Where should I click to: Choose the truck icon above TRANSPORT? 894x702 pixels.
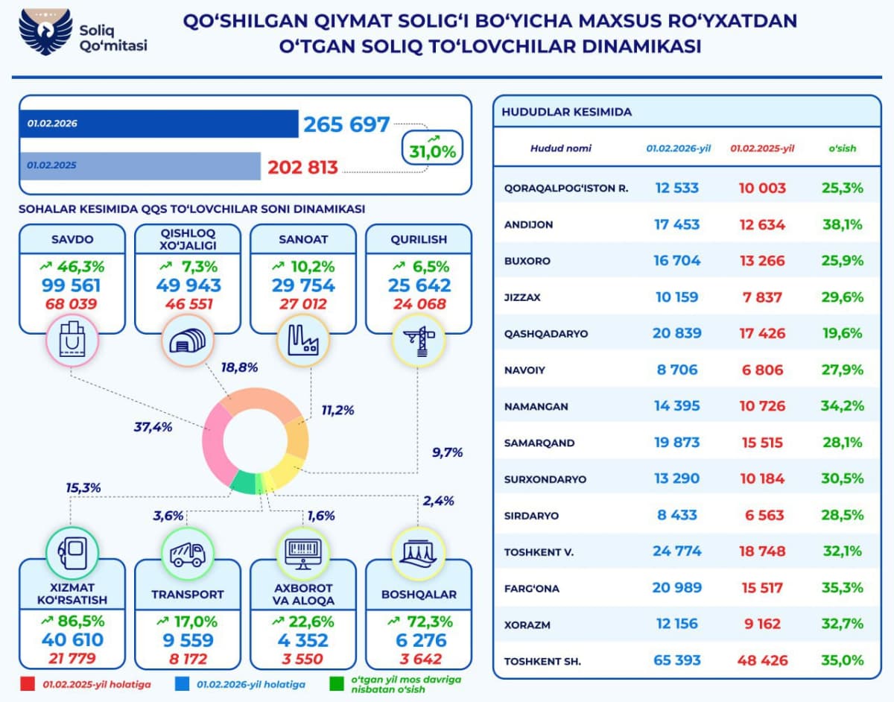pyautogui.click(x=187, y=552)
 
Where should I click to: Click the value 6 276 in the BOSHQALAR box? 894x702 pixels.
pyautogui.click(x=418, y=640)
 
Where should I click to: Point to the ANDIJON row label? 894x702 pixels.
pyautogui.click(x=528, y=224)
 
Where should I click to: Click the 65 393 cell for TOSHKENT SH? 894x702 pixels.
pyautogui.click(x=676, y=660)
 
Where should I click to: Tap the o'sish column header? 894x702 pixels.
pyautogui.click(x=843, y=148)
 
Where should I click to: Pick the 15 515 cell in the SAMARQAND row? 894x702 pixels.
pyautogui.click(x=761, y=443)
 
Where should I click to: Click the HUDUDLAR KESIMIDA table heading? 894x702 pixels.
pyautogui.click(x=566, y=112)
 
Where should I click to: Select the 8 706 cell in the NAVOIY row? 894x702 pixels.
pyautogui.click(x=676, y=370)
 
